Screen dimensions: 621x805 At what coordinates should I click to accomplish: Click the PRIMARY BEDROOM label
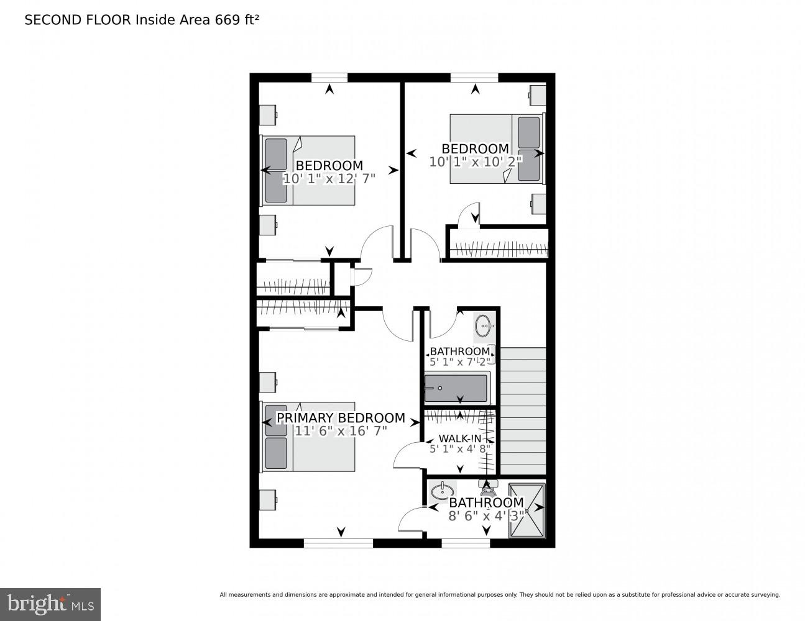click(x=341, y=418)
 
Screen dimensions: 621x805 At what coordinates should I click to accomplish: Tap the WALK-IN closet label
click(x=459, y=438)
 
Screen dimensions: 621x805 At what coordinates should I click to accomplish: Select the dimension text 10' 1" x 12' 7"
click(x=329, y=179)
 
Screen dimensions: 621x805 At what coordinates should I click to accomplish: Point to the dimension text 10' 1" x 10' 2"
click(x=476, y=161)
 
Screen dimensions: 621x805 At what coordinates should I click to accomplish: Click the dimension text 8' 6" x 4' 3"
click(x=486, y=515)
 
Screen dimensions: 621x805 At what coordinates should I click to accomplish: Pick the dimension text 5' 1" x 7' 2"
click(x=460, y=361)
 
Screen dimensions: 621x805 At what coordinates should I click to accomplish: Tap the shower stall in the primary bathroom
click(x=527, y=510)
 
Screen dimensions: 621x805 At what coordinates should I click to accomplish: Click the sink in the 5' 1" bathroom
click(x=485, y=324)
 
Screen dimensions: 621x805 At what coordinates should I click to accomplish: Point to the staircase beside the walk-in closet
click(x=523, y=410)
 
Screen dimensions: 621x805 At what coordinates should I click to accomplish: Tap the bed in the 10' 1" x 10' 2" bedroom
click(x=496, y=148)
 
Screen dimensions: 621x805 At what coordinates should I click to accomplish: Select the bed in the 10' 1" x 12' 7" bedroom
click(x=308, y=170)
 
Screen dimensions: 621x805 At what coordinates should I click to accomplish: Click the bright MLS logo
click(x=50, y=604)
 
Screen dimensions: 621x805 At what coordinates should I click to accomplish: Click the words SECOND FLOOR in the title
click(x=78, y=20)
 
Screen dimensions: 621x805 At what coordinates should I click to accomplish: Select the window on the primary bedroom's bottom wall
click(x=338, y=543)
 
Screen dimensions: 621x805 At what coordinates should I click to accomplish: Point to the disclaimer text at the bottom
click(x=499, y=594)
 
